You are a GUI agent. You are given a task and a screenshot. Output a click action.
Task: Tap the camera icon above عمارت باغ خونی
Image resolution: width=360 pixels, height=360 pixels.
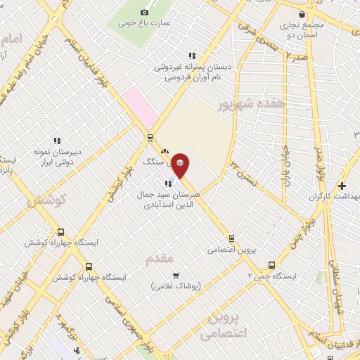point(146,12)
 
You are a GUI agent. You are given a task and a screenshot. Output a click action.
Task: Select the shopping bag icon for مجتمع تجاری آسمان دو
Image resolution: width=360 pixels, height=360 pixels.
point(302,14)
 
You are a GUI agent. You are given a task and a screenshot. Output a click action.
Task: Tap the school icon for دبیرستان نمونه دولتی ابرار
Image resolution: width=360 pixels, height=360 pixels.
point(57,140)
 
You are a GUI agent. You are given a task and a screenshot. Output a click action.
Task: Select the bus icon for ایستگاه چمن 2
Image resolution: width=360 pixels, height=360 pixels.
point(271,265)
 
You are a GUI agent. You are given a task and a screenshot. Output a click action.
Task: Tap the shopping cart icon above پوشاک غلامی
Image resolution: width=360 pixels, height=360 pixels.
point(175,275)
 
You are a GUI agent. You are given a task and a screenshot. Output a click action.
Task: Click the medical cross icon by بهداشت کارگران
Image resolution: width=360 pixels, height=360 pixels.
point(342,186)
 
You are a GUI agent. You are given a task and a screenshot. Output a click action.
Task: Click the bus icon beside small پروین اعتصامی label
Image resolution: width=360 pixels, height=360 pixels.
point(231,238)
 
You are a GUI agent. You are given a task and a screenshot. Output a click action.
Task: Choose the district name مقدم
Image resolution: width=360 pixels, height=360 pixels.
point(160,259)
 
